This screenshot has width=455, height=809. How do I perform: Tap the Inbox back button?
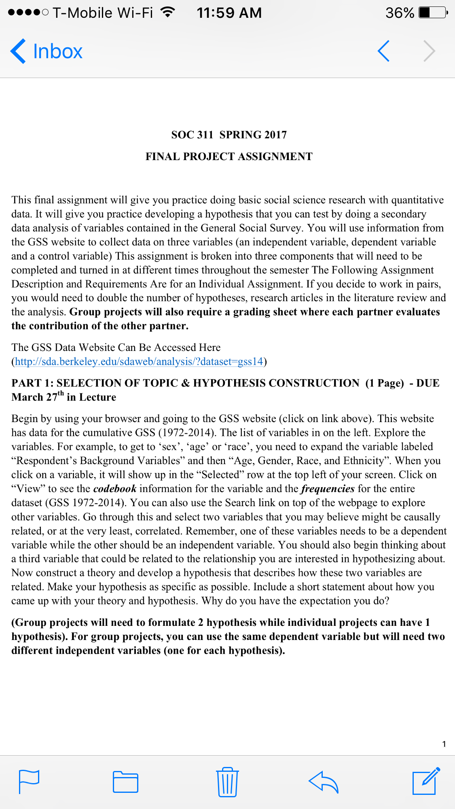(47, 51)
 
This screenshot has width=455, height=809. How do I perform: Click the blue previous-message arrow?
(383, 51)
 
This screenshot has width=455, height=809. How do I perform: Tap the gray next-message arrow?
(430, 51)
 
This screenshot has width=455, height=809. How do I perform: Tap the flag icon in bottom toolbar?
(29, 782)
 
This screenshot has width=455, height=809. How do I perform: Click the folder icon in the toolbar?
(125, 782)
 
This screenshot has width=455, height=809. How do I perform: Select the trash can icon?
(227, 782)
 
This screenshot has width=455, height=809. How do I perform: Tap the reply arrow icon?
(323, 782)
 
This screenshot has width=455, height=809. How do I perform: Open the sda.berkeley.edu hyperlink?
(139, 361)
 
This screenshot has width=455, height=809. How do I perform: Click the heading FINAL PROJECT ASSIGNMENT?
(229, 156)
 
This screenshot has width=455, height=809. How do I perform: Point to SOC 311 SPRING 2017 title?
(229, 135)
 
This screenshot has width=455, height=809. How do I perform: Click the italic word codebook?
(115, 489)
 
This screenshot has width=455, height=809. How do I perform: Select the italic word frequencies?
(328, 489)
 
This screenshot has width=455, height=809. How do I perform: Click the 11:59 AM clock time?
(229, 13)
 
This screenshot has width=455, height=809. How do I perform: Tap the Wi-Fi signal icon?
(167, 12)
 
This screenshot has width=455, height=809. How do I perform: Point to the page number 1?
(444, 744)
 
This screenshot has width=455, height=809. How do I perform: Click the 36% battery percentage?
(400, 13)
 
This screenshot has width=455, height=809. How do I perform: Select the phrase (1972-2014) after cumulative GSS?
(186, 433)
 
